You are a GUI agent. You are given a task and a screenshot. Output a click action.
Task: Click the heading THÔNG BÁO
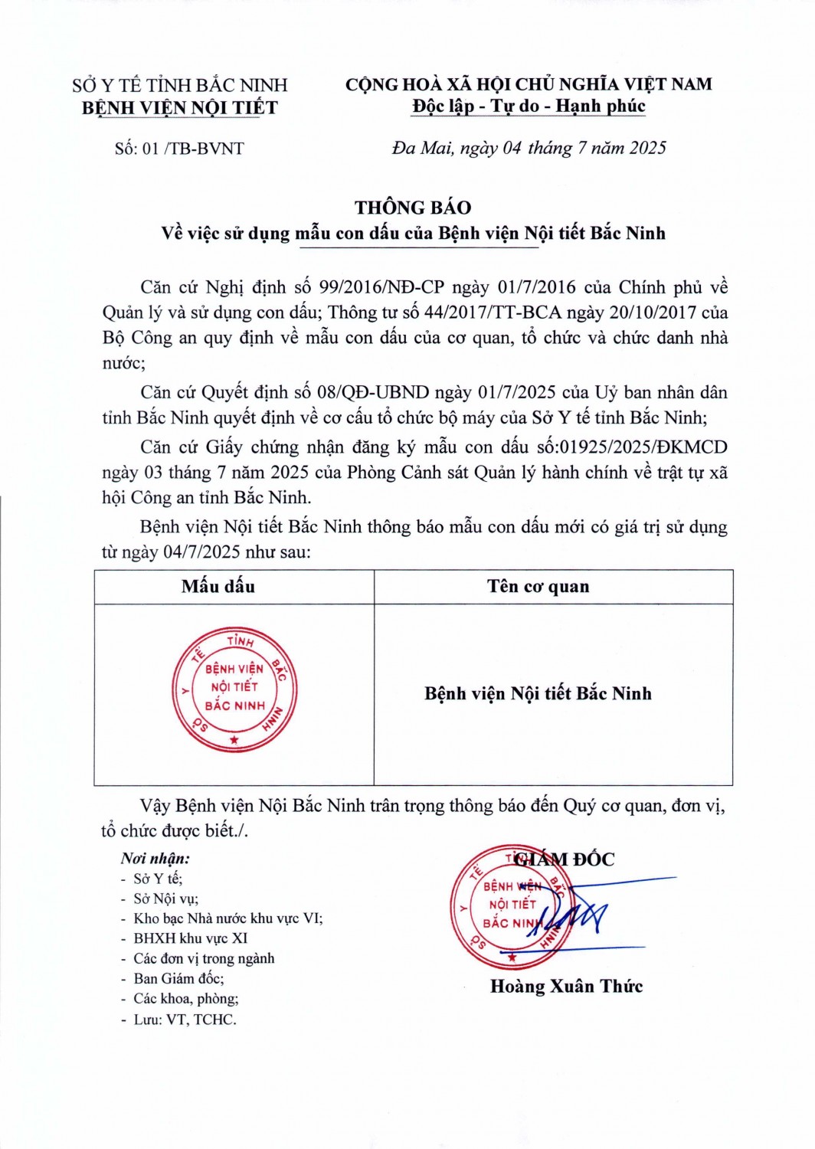413,208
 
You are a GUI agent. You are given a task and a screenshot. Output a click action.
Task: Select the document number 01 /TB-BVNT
179,149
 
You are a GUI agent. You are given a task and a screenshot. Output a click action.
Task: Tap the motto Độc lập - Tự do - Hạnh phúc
529,106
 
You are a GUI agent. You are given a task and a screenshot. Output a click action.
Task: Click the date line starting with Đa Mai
529,148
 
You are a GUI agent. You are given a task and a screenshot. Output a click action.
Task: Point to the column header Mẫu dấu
218,587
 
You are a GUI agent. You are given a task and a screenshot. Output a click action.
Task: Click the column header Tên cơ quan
538,587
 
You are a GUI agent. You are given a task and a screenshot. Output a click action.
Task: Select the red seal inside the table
234,689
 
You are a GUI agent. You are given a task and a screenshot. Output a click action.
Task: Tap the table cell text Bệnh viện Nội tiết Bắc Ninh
538,693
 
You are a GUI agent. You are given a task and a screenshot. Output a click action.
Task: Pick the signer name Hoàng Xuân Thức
566,987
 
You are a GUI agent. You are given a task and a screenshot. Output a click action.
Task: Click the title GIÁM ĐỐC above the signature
565,859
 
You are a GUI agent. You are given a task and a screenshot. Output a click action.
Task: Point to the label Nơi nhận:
155,859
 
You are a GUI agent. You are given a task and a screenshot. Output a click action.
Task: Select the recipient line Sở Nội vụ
165,899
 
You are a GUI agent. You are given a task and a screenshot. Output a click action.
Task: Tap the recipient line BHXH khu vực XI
190,938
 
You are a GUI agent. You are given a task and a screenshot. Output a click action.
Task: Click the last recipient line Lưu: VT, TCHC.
185,1020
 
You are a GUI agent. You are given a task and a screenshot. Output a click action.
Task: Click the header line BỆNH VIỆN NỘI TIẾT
180,108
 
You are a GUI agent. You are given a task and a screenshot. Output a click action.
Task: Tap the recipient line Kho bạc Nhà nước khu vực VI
227,918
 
